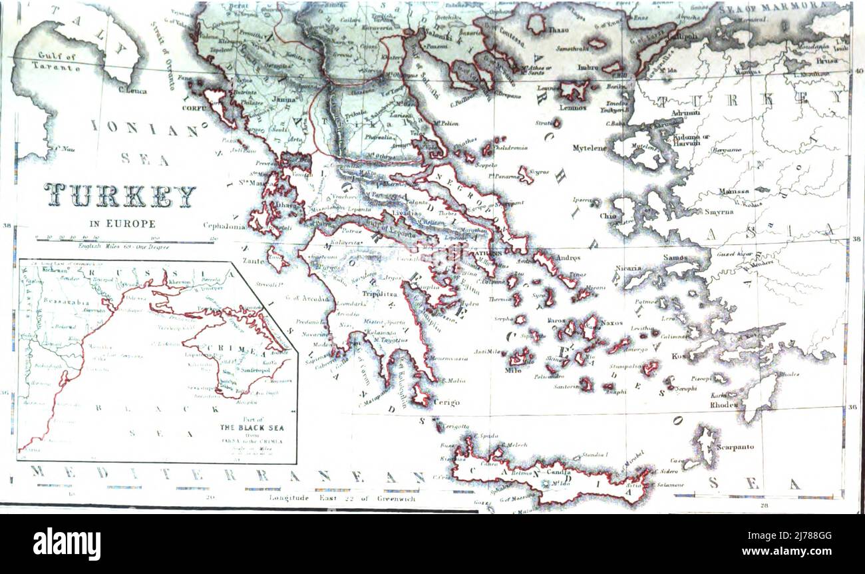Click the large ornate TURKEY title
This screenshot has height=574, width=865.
click(120, 195)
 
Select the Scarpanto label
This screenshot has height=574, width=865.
click(735, 447)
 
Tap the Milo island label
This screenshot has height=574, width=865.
click(513, 370)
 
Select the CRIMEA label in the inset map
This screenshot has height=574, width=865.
click(229, 349)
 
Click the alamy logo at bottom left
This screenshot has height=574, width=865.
click(67, 544)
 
